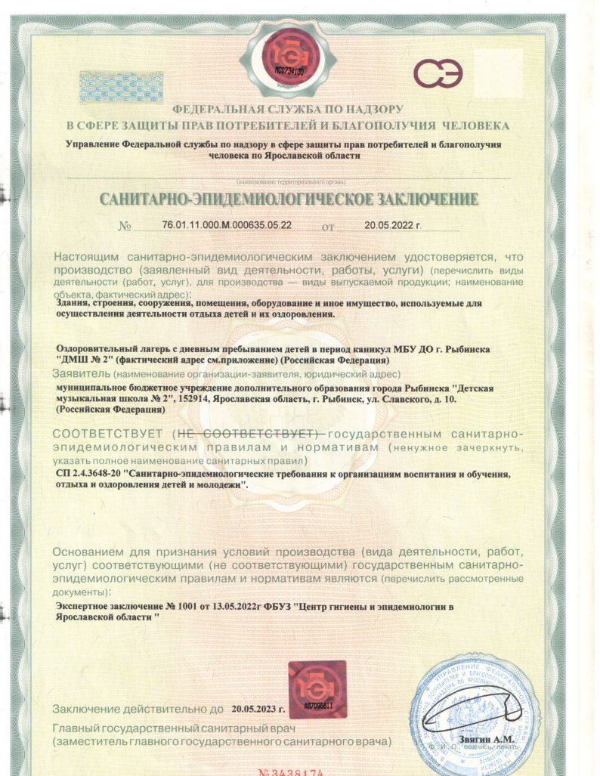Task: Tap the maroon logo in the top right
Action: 442,73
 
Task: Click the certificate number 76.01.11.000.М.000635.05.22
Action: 227,225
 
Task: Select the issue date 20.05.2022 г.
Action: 392,225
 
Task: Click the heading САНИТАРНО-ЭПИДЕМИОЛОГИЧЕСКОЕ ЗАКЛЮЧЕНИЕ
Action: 289,200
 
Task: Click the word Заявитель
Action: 82,374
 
